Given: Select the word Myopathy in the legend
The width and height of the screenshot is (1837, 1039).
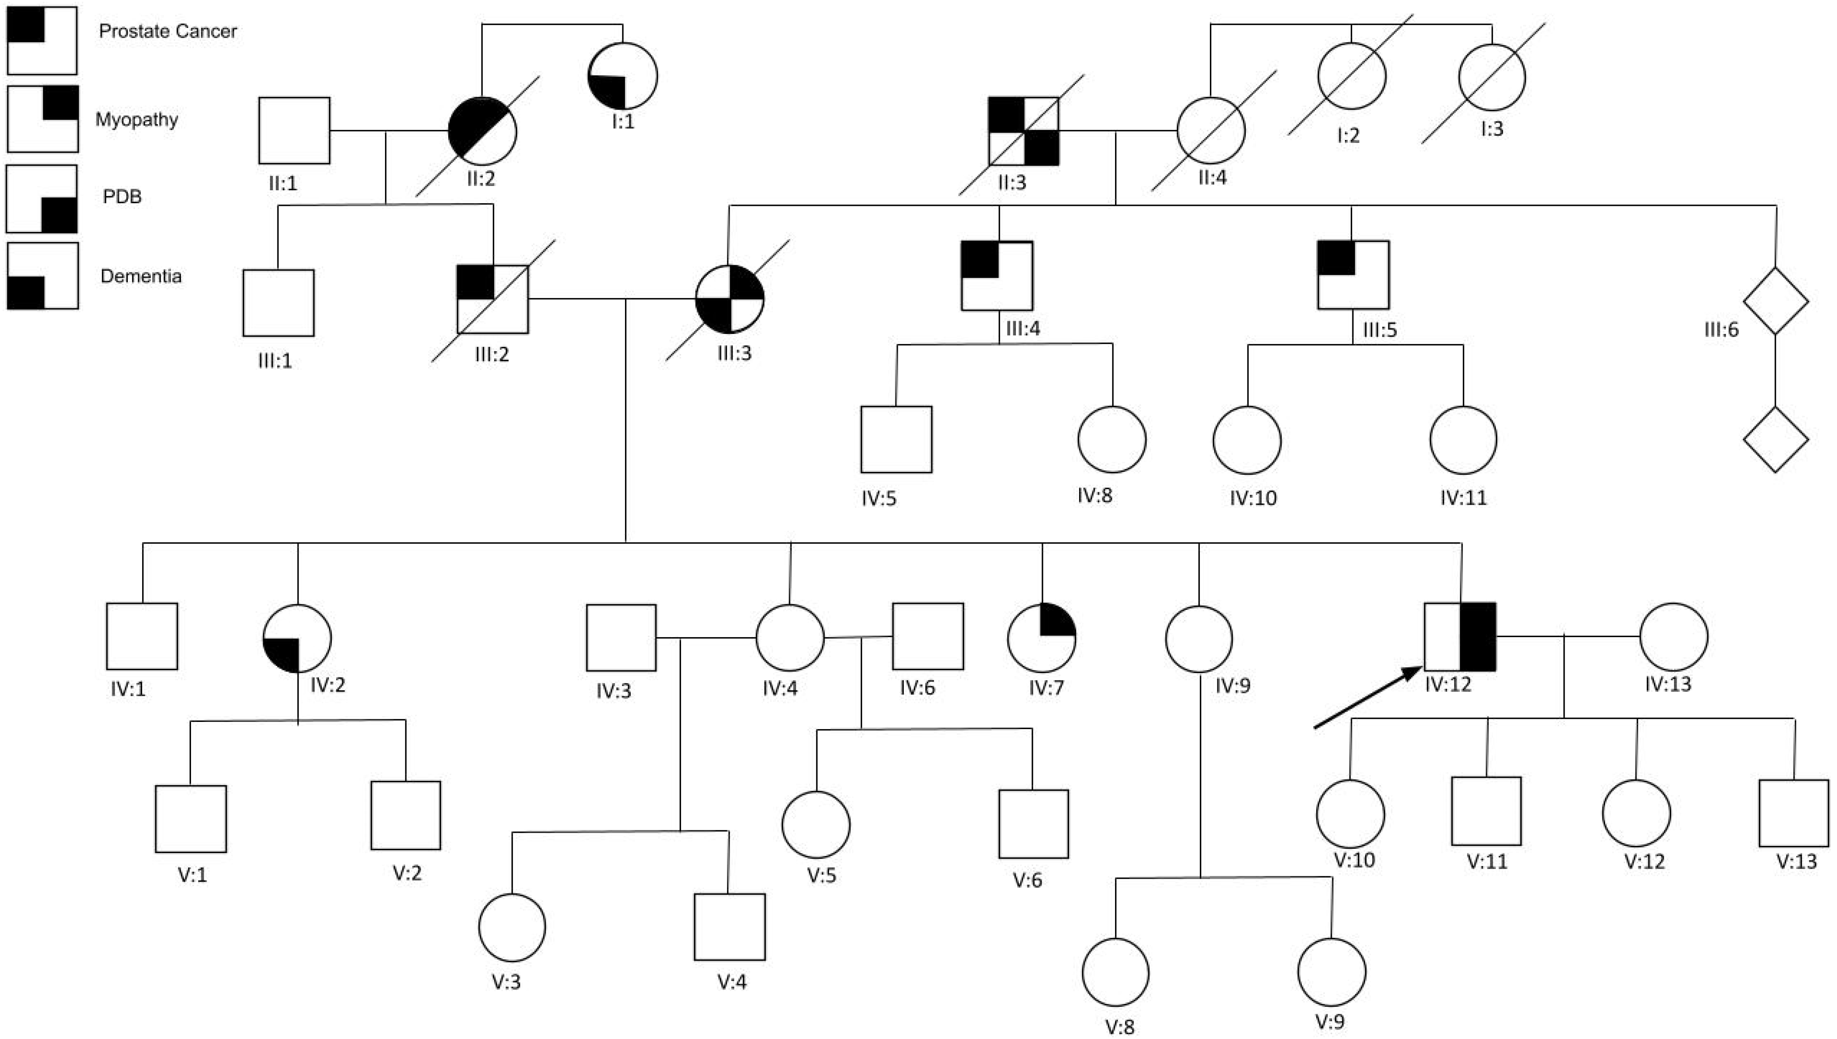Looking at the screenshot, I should pos(136,119).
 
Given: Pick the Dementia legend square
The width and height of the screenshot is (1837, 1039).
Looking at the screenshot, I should pos(42,275).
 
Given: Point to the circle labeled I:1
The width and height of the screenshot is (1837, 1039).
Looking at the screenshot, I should pos(622,76).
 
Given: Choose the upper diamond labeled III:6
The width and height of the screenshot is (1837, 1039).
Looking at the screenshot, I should pos(1775,300).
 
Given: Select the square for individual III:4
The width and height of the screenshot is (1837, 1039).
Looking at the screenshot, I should pos(997,275).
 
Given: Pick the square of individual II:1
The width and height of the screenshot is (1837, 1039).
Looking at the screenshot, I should pos(294,131).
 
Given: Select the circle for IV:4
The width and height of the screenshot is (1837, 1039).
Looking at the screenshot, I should pos(790,638).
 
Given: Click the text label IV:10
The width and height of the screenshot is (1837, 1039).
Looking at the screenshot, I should pos(1253,498).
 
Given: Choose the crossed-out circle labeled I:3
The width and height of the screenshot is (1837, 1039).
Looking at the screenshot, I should pos(1492,77).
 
